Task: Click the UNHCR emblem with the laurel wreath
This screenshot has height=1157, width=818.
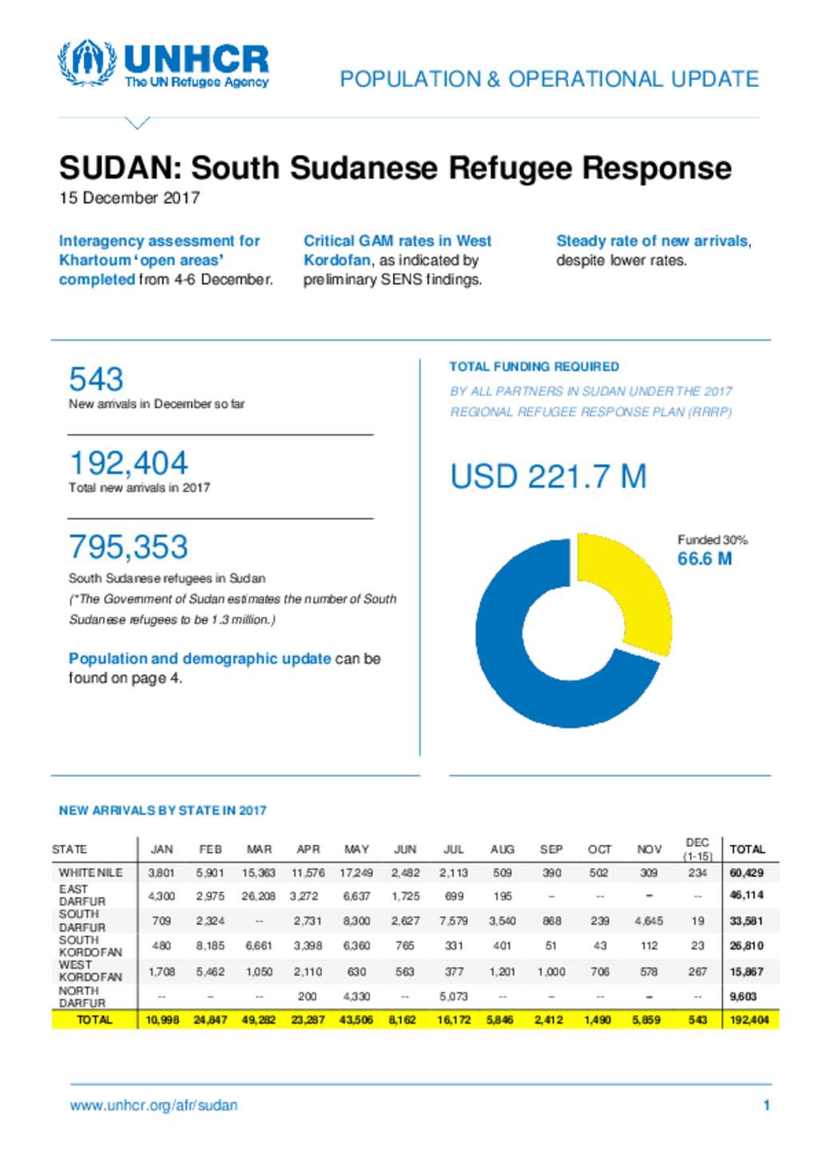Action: click(87, 63)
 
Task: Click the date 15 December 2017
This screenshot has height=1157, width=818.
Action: click(129, 198)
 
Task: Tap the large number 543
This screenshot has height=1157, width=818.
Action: click(96, 378)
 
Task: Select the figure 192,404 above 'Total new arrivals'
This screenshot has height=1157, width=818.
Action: click(128, 462)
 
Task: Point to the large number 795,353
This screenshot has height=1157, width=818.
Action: click(128, 546)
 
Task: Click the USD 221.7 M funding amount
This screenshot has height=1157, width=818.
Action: click(548, 476)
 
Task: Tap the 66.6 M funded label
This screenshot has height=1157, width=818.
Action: click(705, 558)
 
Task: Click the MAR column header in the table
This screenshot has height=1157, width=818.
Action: click(259, 850)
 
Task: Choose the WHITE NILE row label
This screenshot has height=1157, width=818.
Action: click(90, 873)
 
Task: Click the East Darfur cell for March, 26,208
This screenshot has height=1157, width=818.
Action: click(259, 896)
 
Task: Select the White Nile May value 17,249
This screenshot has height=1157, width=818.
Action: click(356, 873)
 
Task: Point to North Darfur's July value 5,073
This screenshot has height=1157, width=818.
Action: click(453, 996)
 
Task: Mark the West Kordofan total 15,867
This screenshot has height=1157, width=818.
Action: click(747, 972)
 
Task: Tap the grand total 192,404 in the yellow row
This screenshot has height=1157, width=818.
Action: click(749, 1020)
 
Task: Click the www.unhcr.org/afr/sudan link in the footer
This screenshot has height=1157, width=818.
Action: click(153, 1105)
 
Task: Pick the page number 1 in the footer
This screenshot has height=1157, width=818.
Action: click(767, 1105)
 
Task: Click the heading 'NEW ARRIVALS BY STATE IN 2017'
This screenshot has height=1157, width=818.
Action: click(163, 810)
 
